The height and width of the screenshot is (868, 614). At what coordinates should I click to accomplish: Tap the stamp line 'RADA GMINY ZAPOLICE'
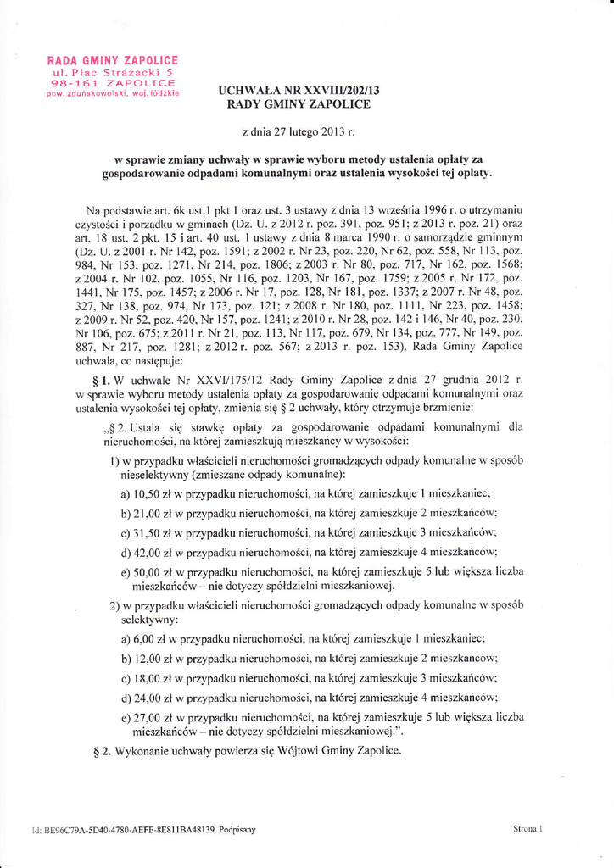113,61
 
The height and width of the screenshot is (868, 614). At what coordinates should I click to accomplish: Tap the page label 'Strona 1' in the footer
527,828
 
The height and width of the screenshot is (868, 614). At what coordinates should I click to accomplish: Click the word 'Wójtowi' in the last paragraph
299,751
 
